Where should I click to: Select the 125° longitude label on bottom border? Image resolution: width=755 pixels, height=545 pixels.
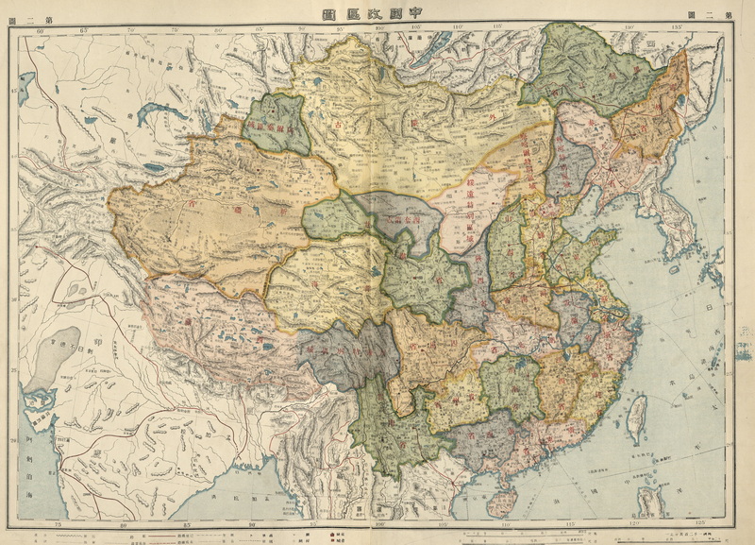(x=699, y=522)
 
